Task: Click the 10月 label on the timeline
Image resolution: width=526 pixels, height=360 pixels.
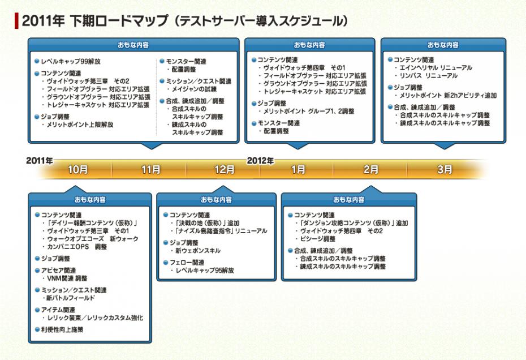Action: point(77,169)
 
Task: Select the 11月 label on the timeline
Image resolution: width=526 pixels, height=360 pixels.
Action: point(151,169)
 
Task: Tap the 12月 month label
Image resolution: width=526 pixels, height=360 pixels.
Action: point(225,169)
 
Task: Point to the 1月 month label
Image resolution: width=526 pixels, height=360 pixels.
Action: point(298,169)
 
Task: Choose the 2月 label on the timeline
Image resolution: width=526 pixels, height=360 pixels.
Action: point(371,169)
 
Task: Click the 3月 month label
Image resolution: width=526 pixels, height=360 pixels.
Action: point(445,169)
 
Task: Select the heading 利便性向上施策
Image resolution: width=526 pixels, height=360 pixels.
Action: point(62,329)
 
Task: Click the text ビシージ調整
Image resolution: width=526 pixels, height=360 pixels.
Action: point(318,239)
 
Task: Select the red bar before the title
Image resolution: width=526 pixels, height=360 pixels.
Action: point(17,21)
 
